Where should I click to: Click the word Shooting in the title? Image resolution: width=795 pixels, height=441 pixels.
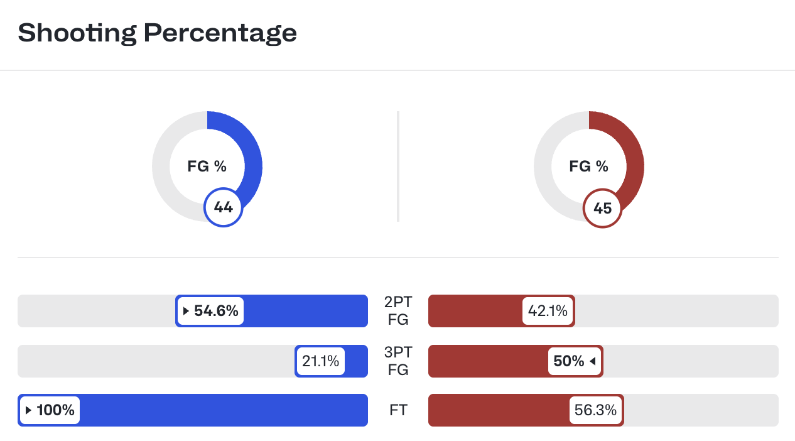(x=77, y=33)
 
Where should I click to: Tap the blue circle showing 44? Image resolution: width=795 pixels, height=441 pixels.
(x=223, y=207)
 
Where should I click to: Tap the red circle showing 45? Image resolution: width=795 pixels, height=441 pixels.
(x=602, y=208)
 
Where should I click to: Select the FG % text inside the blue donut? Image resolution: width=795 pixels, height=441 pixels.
(x=207, y=166)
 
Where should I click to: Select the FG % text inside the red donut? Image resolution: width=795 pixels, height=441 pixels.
(x=588, y=166)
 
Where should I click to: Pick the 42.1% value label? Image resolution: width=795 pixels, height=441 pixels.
(x=548, y=311)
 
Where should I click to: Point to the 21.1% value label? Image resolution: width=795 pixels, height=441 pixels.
(x=320, y=361)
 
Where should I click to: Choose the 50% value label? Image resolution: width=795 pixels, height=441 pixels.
(x=568, y=361)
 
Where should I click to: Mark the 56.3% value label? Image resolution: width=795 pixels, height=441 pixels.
(x=595, y=410)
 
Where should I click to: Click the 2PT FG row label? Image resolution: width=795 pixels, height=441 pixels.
(x=398, y=310)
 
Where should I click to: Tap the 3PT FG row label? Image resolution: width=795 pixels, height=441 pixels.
(x=398, y=361)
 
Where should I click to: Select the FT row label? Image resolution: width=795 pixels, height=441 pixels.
(x=398, y=410)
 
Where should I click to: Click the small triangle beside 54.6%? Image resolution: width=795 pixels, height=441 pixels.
(x=186, y=311)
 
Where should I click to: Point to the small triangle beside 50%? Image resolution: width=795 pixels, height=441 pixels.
(x=592, y=361)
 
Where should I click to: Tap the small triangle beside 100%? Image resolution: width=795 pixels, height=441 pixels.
(x=28, y=410)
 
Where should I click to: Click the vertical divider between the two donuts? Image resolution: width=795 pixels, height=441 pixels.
(x=398, y=166)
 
